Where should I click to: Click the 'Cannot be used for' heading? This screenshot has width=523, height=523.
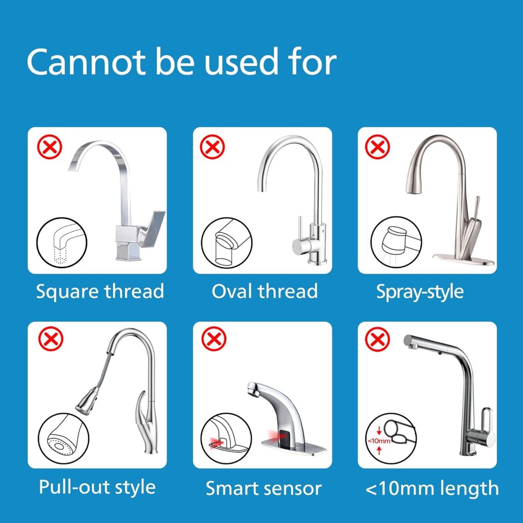[x=181, y=62]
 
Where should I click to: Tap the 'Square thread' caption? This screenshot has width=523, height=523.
[x=100, y=292]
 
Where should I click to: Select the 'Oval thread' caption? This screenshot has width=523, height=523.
[x=265, y=291]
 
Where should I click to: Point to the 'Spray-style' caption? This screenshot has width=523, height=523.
[x=420, y=292]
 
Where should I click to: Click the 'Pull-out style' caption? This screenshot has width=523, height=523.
[x=97, y=487]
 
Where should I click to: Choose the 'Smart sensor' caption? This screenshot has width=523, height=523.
[x=264, y=488]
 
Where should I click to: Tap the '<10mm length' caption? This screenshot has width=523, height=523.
[x=432, y=488]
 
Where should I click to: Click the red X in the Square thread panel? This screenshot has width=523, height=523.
[x=50, y=147]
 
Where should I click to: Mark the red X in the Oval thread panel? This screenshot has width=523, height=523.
[x=212, y=147]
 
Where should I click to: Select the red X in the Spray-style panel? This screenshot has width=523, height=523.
[x=377, y=147]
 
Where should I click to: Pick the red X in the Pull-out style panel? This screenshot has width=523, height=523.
[x=51, y=339]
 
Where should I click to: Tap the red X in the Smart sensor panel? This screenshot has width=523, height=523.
[x=214, y=339]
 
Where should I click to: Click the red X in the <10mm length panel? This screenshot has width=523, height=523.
[x=377, y=340]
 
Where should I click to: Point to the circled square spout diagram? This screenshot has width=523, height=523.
[x=62, y=243]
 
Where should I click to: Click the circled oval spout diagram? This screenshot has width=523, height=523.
[x=227, y=243]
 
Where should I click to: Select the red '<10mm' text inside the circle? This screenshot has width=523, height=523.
[x=379, y=441]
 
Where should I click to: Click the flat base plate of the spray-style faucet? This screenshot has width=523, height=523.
[x=464, y=259]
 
